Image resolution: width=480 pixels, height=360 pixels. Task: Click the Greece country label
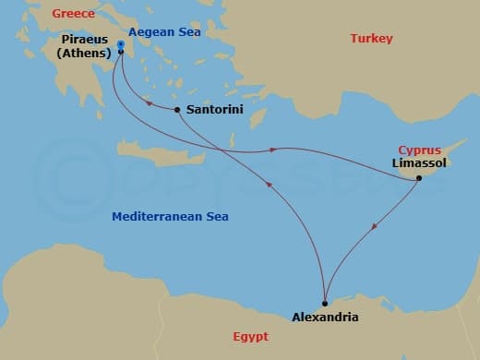(75, 13)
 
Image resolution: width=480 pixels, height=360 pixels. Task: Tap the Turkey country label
(371, 39)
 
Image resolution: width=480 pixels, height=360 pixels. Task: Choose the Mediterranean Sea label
(170, 217)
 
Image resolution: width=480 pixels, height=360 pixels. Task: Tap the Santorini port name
(215, 109)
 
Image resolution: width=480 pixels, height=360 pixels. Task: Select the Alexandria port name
(325, 317)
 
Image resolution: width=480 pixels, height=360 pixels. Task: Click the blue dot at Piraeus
(122, 43)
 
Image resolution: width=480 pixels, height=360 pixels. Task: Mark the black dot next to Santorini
(177, 110)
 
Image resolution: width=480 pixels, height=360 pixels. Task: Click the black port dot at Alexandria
(325, 303)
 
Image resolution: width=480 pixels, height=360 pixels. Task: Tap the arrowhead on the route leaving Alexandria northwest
(270, 185)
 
